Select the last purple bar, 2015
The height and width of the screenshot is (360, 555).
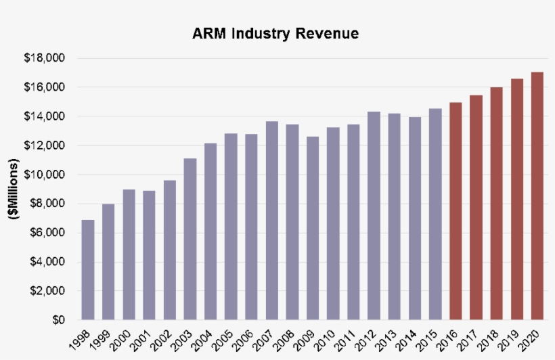point(435,214)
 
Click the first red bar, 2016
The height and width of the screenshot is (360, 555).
point(456,211)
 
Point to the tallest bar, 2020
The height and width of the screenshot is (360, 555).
point(537,196)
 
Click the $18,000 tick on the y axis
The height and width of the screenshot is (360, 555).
point(45,58)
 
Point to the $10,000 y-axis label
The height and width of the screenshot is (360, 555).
point(45,175)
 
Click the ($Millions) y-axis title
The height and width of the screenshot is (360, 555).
point(12,189)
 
